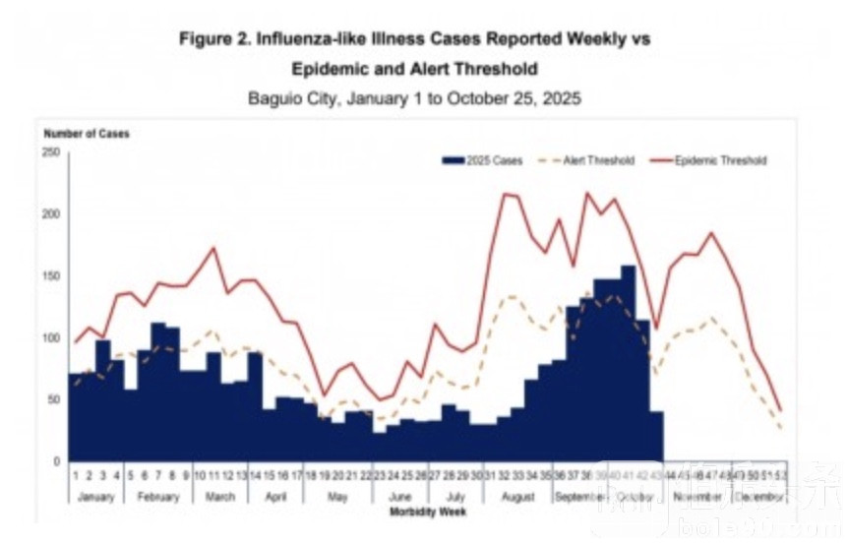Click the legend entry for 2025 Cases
point(482,160)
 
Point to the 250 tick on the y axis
point(51,152)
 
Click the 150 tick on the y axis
point(51,276)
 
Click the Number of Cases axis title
point(86,133)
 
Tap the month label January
point(96,497)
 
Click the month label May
point(338,497)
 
